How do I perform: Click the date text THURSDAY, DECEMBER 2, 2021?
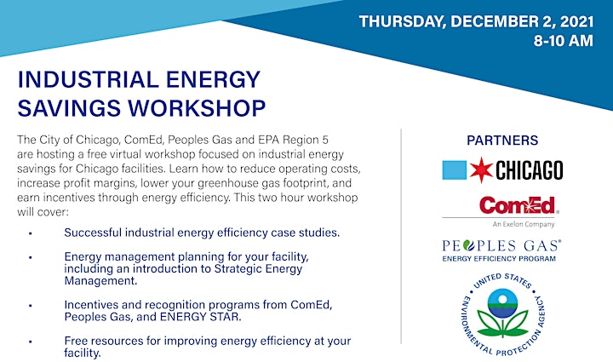tap(476, 22)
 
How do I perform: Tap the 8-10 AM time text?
tap(564, 41)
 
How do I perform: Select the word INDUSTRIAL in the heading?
tap(88, 79)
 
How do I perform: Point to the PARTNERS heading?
tap(502, 141)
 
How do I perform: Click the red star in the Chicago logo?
tap(481, 170)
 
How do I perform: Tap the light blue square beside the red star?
tap(455, 170)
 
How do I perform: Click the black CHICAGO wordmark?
tap(530, 170)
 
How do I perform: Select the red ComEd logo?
tap(518, 205)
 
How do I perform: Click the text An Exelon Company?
tap(524, 224)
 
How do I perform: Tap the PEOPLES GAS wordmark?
tap(501, 245)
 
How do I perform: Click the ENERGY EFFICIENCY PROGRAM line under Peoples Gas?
tap(499, 259)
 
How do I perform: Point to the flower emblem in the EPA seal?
tap(503, 313)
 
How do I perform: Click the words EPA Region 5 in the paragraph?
tap(293, 140)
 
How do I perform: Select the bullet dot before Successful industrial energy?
tap(30, 233)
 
